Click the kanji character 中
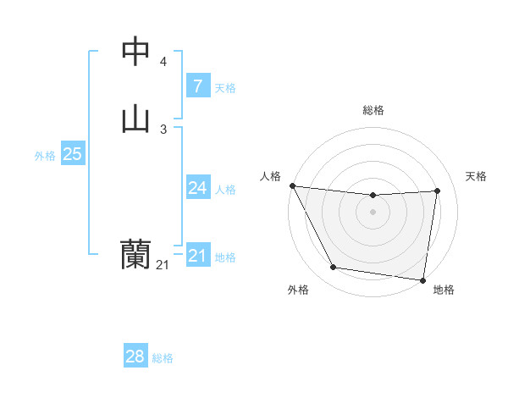pyautogui.click(x=135, y=53)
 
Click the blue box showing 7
pyautogui.click(x=197, y=86)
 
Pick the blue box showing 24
pyautogui.click(x=197, y=188)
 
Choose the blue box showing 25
pyautogui.click(x=72, y=154)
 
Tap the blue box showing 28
pyautogui.click(x=135, y=357)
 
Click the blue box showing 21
pyautogui.click(x=197, y=256)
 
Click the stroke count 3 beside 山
pyautogui.click(x=163, y=129)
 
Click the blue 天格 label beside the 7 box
pyautogui.click(x=225, y=87)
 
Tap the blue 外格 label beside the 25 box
pyautogui.click(x=45, y=156)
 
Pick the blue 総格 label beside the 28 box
pyautogui.click(x=163, y=358)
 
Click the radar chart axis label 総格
pyautogui.click(x=373, y=110)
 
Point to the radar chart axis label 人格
pyautogui.click(x=270, y=176)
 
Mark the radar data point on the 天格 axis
pyautogui.click(x=437, y=191)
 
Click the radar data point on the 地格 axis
pyautogui.click(x=423, y=279)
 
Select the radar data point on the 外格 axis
pyautogui.click(x=334, y=268)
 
